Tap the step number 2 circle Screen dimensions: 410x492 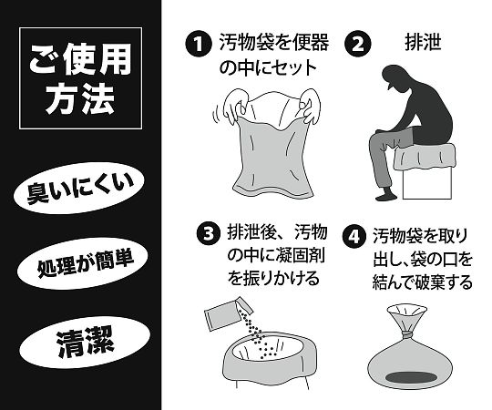click(x=360, y=43)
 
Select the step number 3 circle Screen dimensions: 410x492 click(x=209, y=233)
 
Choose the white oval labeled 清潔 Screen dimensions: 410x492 click(x=80, y=345)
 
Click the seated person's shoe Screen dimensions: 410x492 click(x=385, y=196)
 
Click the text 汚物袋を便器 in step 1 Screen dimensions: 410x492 click(x=274, y=43)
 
